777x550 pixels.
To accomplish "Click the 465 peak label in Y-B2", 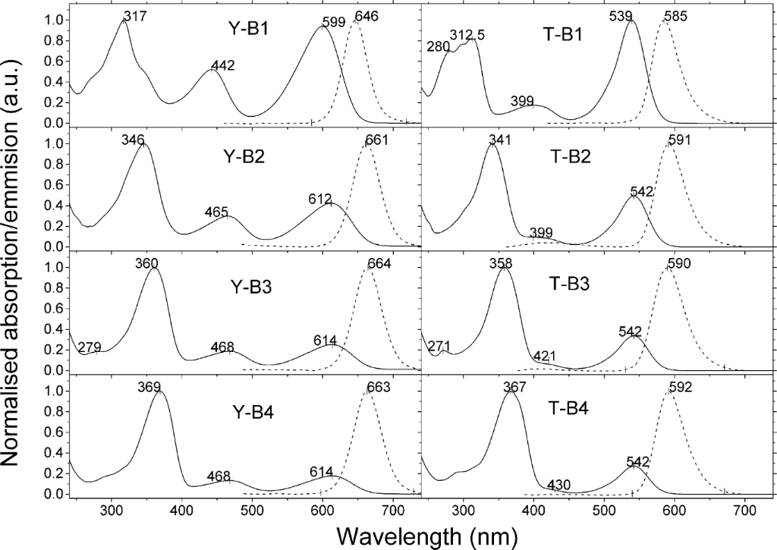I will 216,212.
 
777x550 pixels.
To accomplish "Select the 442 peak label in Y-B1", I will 223,66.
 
